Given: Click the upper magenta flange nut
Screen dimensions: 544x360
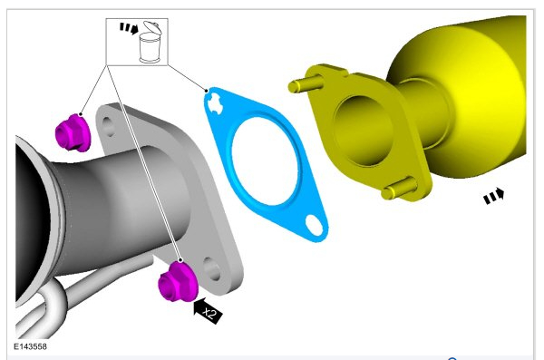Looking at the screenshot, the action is (73, 133).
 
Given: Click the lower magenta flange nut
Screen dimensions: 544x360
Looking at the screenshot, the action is (178, 282).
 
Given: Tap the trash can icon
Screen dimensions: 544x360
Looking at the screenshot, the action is (150, 43).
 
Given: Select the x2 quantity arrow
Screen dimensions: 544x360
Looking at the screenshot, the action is (208, 310).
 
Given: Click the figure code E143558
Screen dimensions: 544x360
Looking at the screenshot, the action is (30, 346).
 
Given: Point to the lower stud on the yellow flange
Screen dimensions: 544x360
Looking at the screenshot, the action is (399, 188).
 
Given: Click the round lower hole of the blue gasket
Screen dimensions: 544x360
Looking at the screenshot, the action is (314, 225).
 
